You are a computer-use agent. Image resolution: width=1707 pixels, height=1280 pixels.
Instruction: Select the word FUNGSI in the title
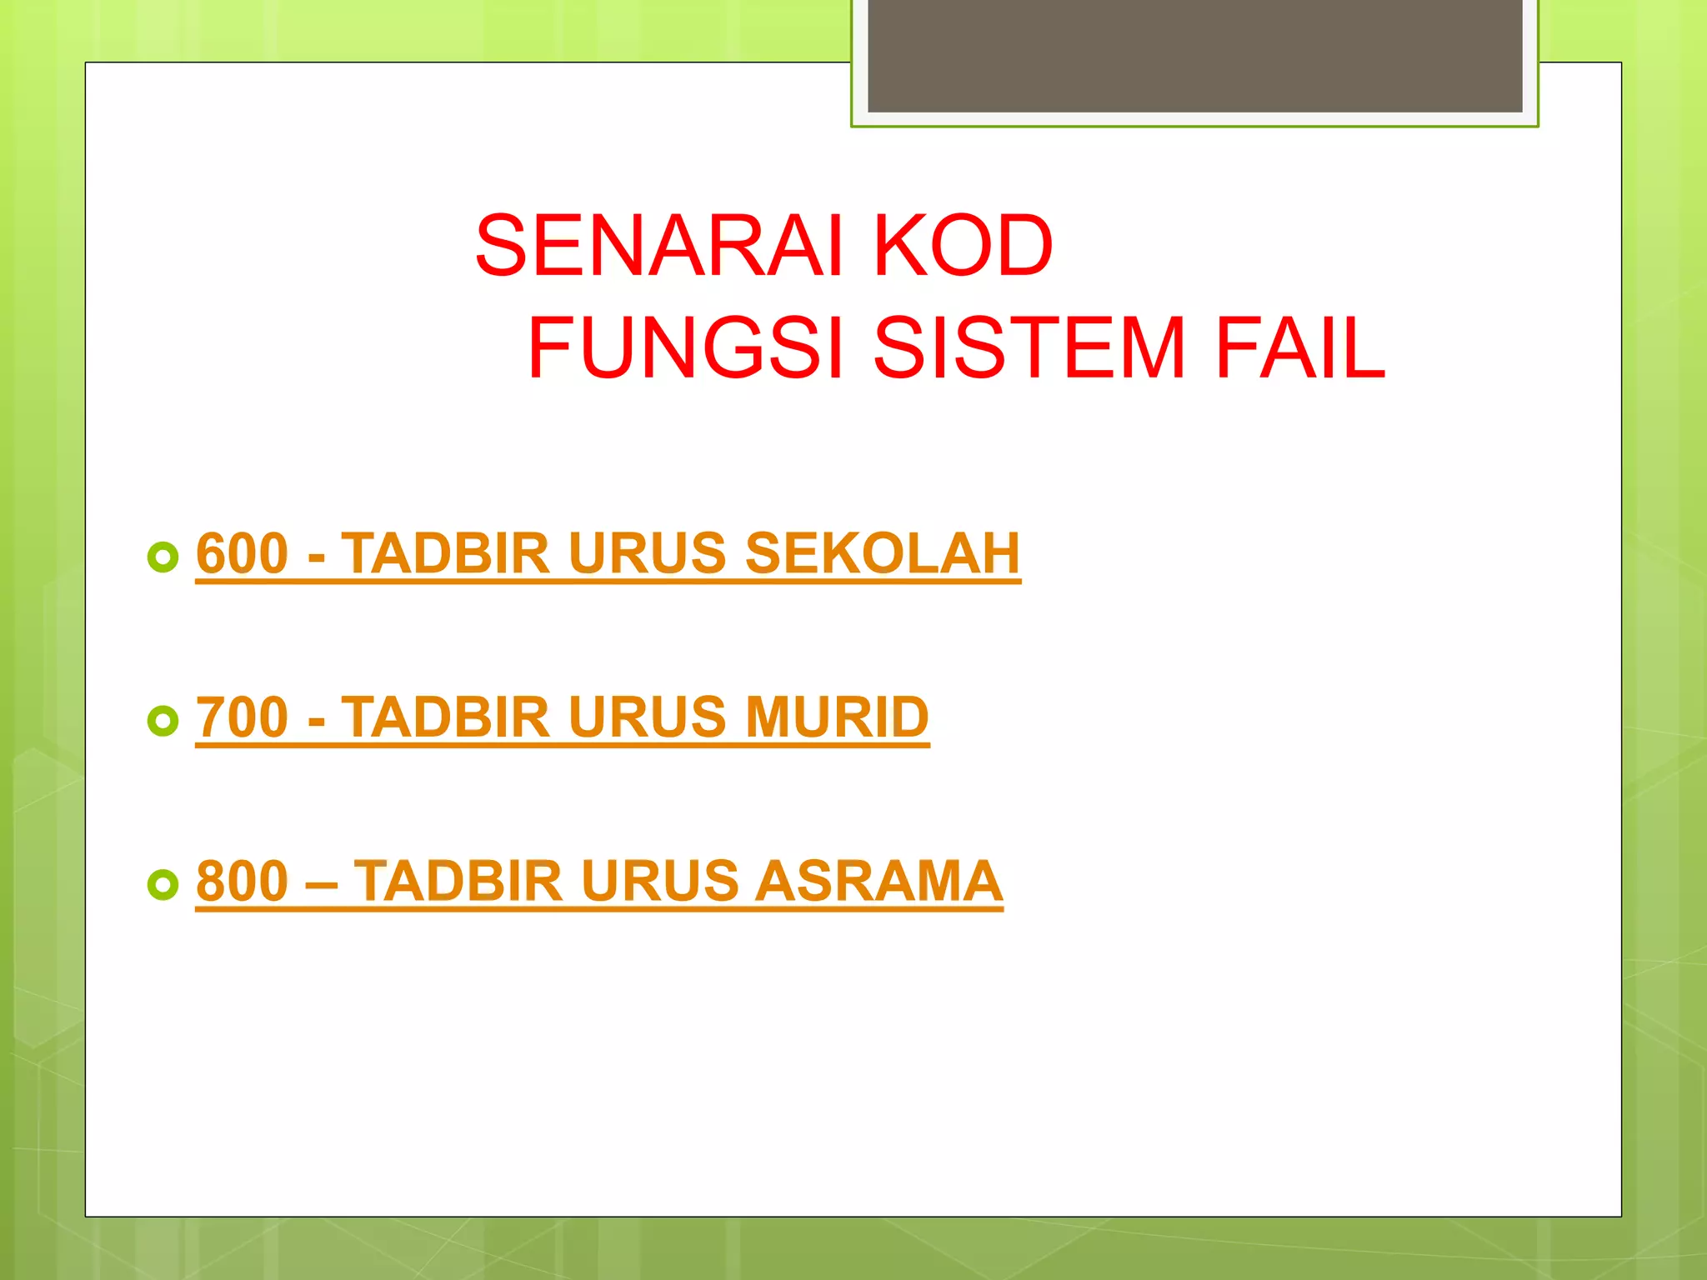pos(686,347)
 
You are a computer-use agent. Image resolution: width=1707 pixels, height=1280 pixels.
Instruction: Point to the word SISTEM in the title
pos(1029,347)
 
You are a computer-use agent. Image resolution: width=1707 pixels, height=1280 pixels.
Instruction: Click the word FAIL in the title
pos(1299,347)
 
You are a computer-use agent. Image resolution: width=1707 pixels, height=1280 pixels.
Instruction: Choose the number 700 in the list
pos(242,717)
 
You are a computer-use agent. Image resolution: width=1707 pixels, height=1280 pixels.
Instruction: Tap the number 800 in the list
pos(242,881)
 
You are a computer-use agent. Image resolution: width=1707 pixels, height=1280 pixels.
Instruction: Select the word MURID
pos(837,717)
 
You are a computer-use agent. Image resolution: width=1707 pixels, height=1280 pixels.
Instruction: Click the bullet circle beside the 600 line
pos(163,557)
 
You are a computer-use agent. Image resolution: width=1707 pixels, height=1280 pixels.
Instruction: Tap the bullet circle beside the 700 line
pos(163,721)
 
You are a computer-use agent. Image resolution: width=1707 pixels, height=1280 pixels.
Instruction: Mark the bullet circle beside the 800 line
pos(163,884)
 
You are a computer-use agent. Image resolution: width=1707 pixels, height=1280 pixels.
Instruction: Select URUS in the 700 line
pos(648,717)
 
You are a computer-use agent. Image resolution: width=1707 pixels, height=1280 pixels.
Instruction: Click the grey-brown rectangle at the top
pos(1194,55)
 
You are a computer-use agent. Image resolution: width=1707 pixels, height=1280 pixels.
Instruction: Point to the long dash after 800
pos(321,882)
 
